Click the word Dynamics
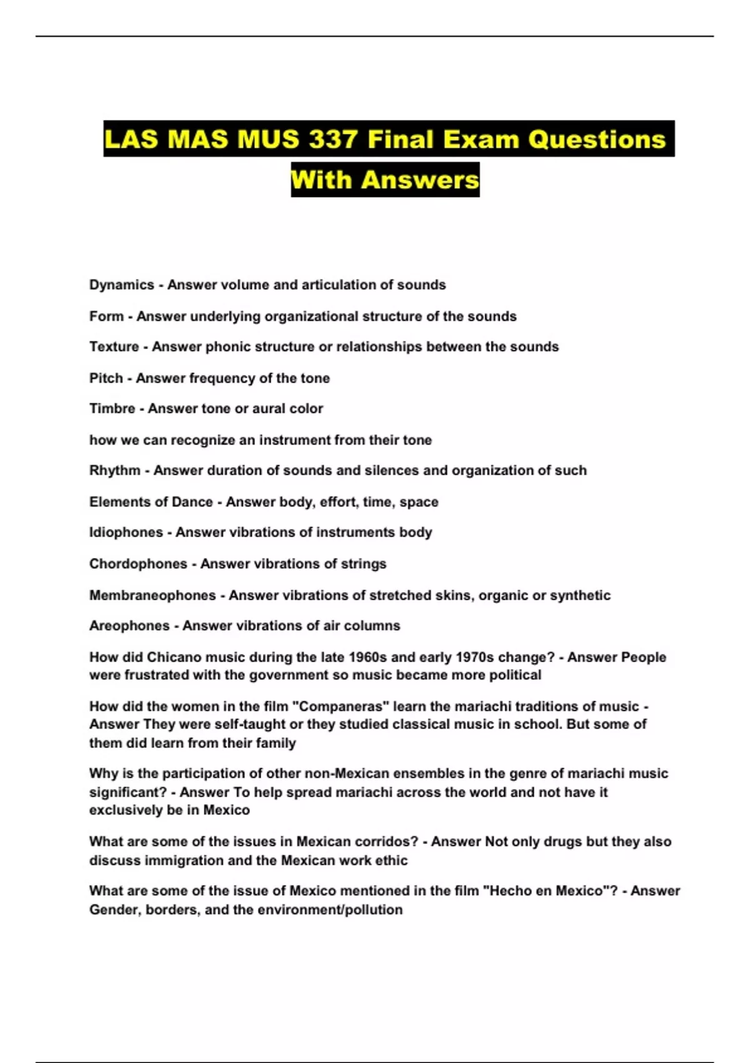pyautogui.click(x=122, y=285)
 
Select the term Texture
pyautogui.click(x=114, y=347)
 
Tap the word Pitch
pyautogui.click(x=106, y=378)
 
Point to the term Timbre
pyautogui.click(x=112, y=409)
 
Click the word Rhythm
pyautogui.click(x=114, y=471)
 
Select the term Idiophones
pyautogui.click(x=126, y=533)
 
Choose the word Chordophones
pyautogui.click(x=138, y=564)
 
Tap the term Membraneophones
pyautogui.click(x=152, y=595)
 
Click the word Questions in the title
pyautogui.click(x=596, y=139)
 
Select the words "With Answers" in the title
pyautogui.click(x=385, y=180)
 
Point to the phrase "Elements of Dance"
pyautogui.click(x=151, y=502)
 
